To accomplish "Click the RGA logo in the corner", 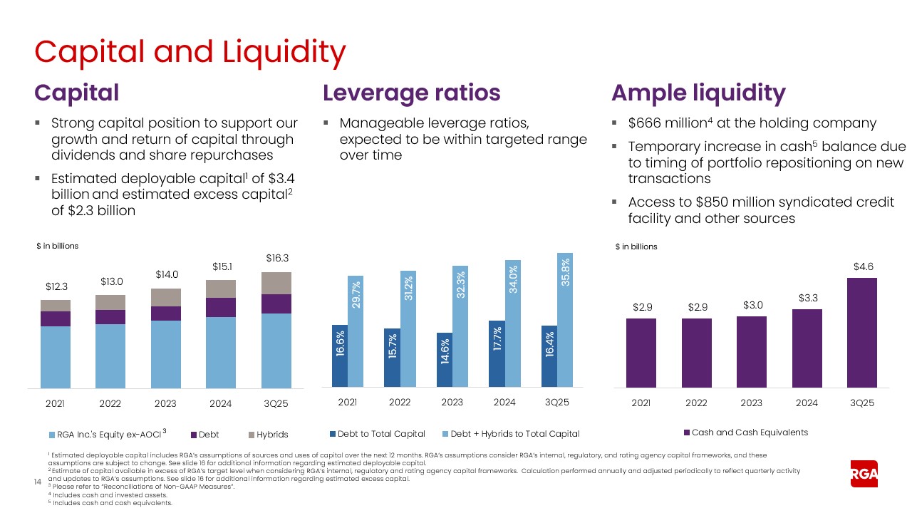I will tap(864, 473).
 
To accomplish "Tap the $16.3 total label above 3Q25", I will tap(276, 258).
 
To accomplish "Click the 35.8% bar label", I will tap(564, 271).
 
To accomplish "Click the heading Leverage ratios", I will tap(411, 93).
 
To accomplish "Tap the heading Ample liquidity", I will tap(698, 93).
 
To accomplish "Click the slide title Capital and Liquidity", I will tap(190, 52).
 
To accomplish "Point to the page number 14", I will tap(39, 483).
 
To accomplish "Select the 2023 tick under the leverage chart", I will tap(452, 403).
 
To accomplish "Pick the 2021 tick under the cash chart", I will tap(641, 403).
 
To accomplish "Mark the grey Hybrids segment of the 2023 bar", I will tap(165, 297).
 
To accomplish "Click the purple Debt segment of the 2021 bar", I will tap(55, 318).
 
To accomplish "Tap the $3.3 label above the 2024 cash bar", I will tap(807, 298).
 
